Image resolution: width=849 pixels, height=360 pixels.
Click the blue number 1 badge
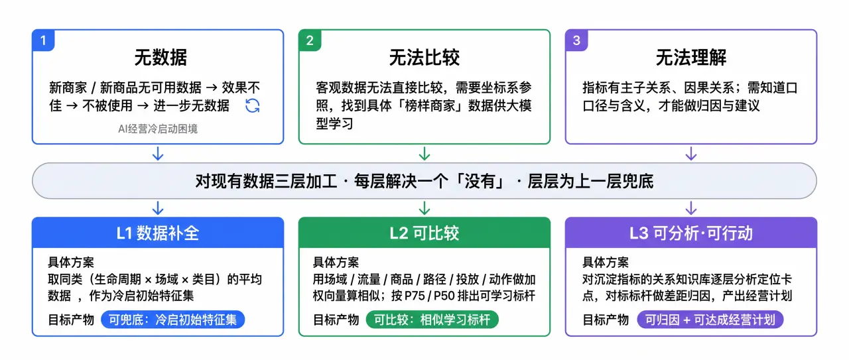point(43,40)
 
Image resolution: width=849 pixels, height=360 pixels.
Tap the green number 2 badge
point(310,40)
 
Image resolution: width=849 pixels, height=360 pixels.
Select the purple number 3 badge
point(576,40)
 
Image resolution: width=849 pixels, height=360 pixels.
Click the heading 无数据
point(161,58)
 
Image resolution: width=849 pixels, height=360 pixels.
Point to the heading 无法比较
point(424,58)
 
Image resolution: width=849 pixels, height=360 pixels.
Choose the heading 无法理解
point(691,58)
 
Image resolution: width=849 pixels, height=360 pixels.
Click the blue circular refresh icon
point(253,105)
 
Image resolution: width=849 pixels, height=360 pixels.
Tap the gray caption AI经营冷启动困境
point(158,129)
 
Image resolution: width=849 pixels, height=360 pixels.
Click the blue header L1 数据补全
point(158,233)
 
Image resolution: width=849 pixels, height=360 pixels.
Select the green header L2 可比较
point(424,233)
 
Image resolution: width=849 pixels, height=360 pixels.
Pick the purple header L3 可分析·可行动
point(691,233)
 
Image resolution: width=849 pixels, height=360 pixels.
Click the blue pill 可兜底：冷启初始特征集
point(173,320)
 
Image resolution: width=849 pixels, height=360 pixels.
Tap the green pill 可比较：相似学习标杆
point(432,320)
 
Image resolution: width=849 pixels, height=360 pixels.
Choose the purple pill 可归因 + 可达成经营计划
point(710,320)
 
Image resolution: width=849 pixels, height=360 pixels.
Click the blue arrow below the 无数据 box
point(158,153)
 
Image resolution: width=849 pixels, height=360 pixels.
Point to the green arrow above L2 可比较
point(424,208)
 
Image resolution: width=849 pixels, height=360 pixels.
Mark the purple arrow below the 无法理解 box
point(691,153)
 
